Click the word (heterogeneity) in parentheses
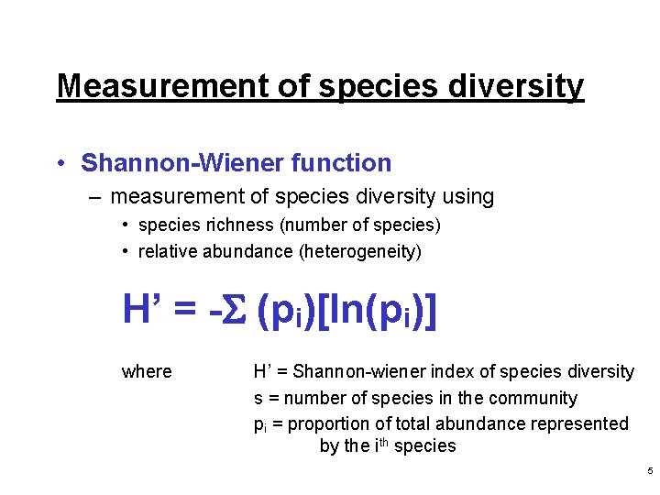[361, 251]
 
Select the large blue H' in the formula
[143, 311]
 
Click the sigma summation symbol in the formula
[236, 311]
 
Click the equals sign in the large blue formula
[188, 312]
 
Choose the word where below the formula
[147, 371]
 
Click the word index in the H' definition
[450, 371]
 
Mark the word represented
[584, 423]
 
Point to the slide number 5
[650, 471]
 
